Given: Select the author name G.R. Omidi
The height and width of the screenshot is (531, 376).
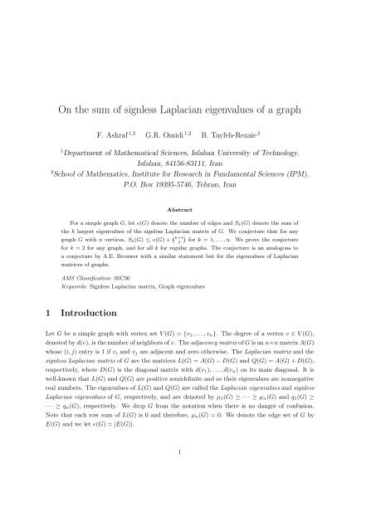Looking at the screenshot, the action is pos(177,134).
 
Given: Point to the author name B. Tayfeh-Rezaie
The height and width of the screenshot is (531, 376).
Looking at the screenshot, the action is pos(244,134).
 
